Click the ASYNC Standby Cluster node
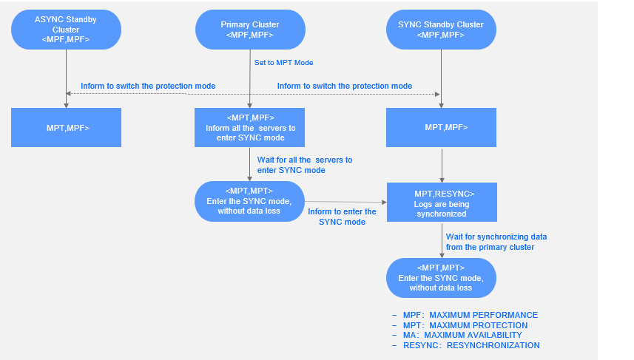(66, 30)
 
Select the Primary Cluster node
(249, 30)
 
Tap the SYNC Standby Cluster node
(441, 30)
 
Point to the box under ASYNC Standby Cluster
(66, 128)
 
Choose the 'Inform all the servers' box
(250, 128)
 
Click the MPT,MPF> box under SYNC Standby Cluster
(441, 128)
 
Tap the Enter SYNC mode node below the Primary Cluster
(249, 202)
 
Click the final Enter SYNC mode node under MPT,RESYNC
(441, 277)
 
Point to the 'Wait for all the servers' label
(304, 165)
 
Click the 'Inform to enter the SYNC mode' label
(342, 217)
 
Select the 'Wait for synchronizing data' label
(496, 242)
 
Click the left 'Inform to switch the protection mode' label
(148, 86)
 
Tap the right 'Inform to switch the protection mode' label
(344, 86)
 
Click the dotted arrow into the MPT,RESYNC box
(345, 201)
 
